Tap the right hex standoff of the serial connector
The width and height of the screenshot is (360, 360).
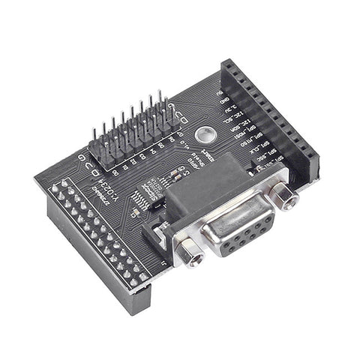click(x=283, y=196)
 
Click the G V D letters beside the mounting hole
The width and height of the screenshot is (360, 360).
click(x=178, y=112)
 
